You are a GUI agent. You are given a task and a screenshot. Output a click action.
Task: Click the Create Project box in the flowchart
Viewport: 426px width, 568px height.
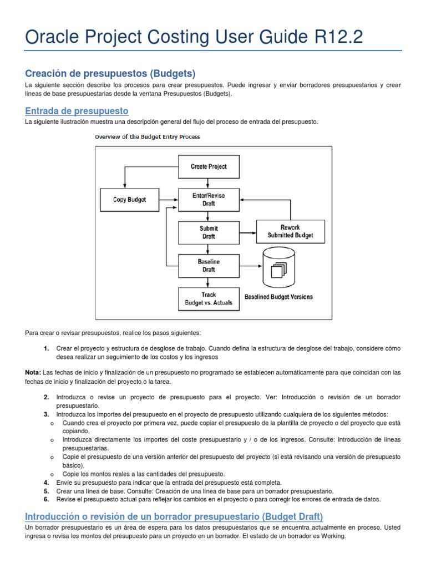[209, 166]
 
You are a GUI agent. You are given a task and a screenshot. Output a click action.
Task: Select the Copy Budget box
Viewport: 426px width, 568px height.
[129, 200]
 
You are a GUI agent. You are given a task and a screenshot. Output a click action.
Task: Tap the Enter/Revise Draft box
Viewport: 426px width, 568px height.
[209, 200]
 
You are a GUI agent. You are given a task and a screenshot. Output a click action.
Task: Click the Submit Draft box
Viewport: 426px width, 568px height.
[209, 232]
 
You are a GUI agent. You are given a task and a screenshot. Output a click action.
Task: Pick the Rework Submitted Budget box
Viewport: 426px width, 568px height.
[290, 231]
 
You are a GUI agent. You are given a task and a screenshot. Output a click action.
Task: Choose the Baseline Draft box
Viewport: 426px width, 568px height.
[209, 265]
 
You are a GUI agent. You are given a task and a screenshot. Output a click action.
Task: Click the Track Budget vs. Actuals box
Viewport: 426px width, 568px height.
[209, 298]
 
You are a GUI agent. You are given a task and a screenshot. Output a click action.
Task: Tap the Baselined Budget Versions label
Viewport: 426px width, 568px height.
[278, 297]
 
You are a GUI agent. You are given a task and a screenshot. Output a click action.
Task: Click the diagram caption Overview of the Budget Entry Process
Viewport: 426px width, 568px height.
[147, 136]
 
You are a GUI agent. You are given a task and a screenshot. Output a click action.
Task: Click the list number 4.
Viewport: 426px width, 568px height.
[46, 483]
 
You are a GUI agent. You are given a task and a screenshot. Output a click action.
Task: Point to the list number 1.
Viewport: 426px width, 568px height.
[46, 348]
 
